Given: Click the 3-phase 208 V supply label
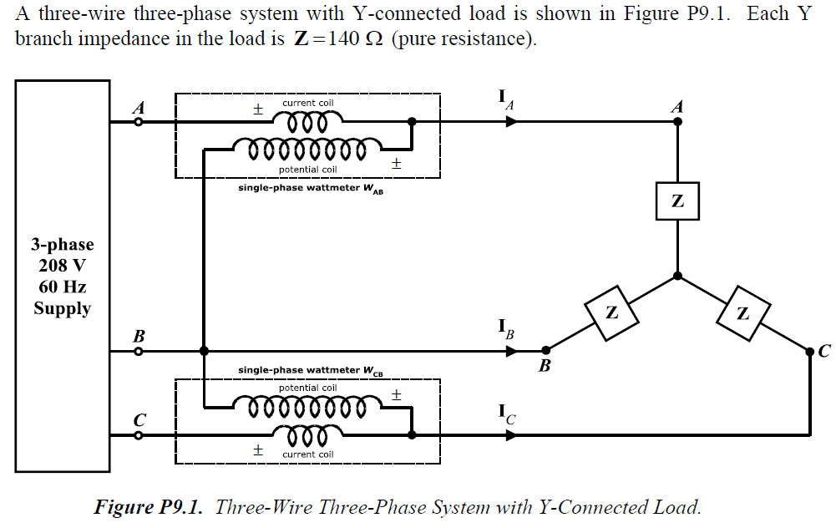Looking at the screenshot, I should coord(62,277).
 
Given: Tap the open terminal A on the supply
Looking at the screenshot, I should coord(139,122).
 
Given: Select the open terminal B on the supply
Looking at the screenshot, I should coord(139,351).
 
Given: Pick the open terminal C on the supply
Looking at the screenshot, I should coord(139,435).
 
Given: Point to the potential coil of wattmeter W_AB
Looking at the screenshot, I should coord(299,150).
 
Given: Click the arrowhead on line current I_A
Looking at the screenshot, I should coord(511,122).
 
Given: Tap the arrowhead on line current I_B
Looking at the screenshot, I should coord(511,351).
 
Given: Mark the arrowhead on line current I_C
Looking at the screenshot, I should coord(511,435).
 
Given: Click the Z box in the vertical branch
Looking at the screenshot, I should coord(677,201).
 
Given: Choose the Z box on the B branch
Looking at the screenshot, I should coord(611,312).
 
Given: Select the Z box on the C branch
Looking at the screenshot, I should coord(742,313).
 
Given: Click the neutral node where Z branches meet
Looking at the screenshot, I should coord(677,276).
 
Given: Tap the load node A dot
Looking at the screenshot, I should coord(677,122).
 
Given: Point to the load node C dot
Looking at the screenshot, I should coord(809,352).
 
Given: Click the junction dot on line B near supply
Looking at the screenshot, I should coord(204,351).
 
